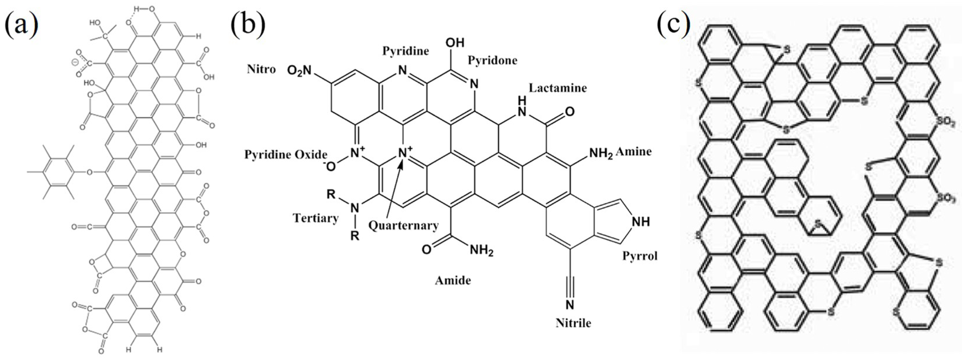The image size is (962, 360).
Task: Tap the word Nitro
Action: click(x=261, y=69)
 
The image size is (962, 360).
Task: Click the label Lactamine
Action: click(x=558, y=88)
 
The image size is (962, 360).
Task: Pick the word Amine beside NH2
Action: click(x=634, y=152)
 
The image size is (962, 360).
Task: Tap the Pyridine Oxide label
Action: click(x=286, y=155)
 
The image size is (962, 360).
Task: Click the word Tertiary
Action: click(x=315, y=218)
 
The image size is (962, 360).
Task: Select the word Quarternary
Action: click(x=403, y=226)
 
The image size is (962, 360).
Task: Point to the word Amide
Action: click(x=453, y=280)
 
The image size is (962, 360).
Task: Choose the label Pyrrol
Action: click(x=639, y=256)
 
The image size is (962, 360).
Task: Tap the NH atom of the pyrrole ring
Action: click(x=640, y=222)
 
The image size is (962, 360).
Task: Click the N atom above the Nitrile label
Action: click(x=570, y=305)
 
